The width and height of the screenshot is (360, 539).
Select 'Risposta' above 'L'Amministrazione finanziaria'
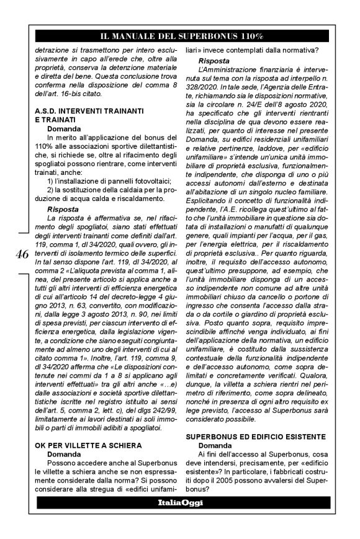pos(216,61)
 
